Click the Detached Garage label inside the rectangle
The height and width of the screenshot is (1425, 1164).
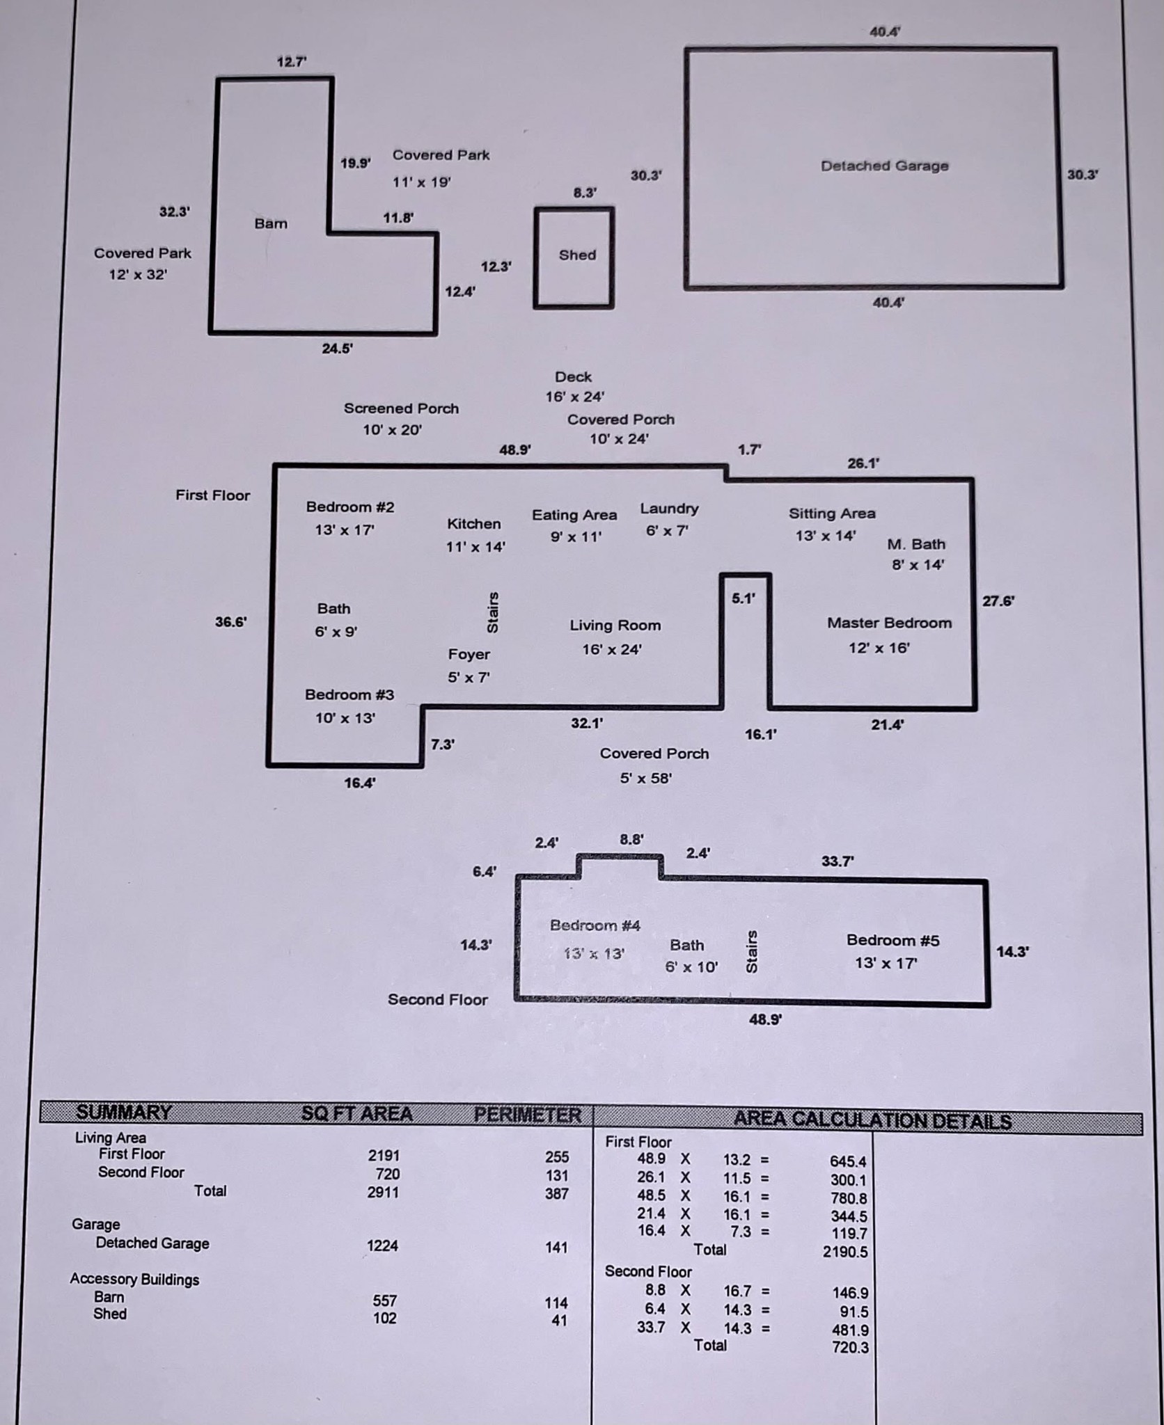coord(884,166)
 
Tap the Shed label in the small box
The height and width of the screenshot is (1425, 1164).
coord(577,255)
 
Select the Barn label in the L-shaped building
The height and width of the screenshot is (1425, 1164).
coord(271,223)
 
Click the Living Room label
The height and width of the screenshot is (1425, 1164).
coord(615,626)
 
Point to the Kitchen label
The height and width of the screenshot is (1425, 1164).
coord(473,524)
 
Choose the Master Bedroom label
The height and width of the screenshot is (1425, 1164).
coord(889,623)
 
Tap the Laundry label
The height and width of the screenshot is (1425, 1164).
coord(669,509)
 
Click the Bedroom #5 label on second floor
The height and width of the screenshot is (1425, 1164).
coord(892,940)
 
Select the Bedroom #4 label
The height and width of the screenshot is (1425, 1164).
coord(595,925)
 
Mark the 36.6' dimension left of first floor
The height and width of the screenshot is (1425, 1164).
coord(230,622)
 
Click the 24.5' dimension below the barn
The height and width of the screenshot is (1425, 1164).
coord(337,349)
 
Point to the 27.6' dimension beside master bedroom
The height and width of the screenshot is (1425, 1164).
coord(998,601)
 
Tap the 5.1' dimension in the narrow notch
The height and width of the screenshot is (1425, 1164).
coord(744,598)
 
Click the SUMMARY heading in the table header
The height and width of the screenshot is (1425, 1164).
coord(124,1113)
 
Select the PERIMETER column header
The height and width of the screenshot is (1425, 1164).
coord(527,1115)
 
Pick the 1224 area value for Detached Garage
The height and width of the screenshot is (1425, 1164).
coord(383,1245)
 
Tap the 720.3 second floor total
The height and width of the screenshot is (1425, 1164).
coord(850,1348)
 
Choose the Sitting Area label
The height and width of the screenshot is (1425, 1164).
coord(832,514)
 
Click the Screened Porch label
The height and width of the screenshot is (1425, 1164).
coord(401,408)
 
